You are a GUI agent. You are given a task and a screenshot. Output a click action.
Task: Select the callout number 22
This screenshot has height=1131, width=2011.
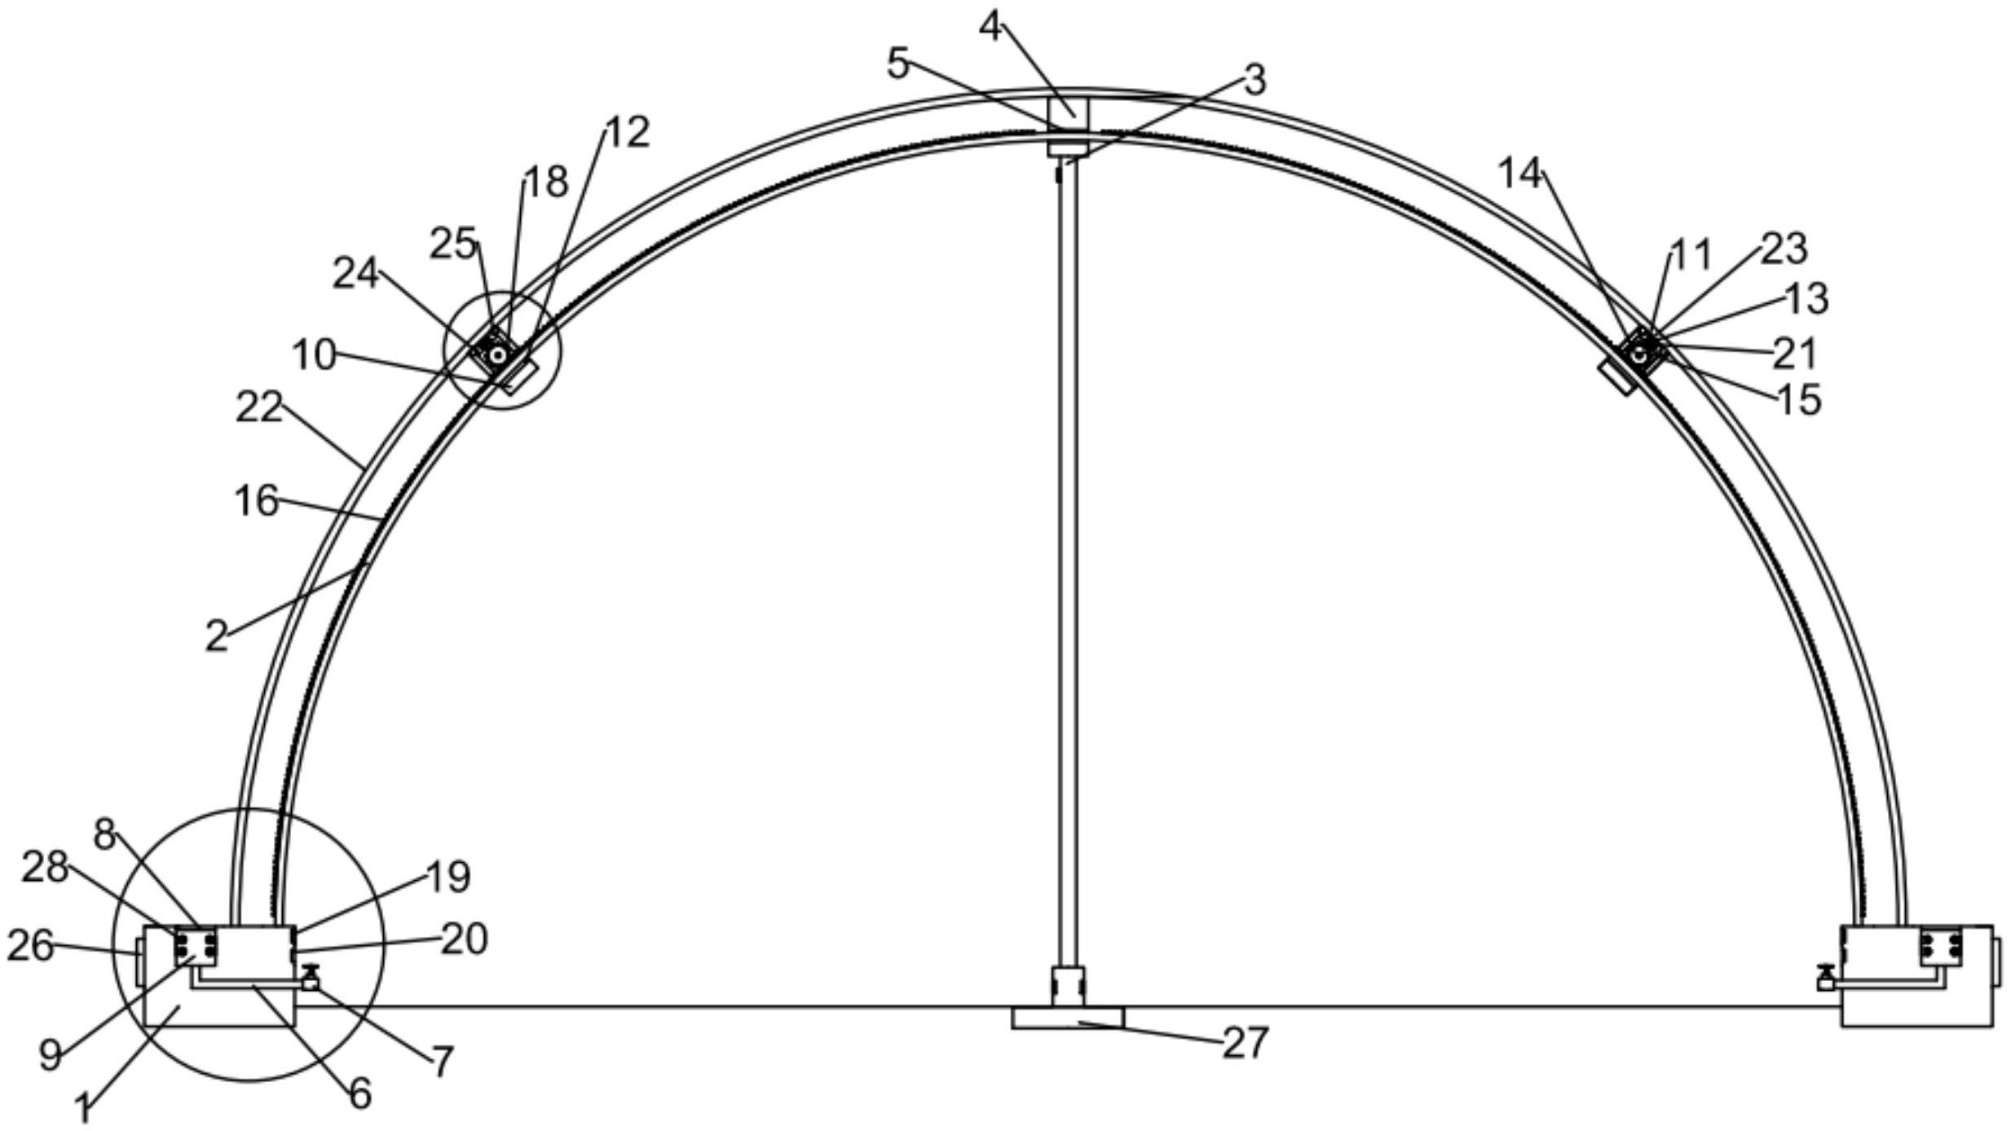[x=259, y=407]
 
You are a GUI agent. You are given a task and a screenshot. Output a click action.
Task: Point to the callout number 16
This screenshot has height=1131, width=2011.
[x=257, y=500]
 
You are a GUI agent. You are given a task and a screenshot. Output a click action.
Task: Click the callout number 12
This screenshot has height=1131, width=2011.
[x=628, y=131]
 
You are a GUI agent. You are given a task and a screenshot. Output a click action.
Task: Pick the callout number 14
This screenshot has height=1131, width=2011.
[x=1520, y=174]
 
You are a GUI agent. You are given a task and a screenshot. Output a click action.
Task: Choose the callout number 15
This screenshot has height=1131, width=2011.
[x=1797, y=399]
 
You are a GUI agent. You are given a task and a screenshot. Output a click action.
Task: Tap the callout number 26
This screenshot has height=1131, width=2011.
[x=30, y=947]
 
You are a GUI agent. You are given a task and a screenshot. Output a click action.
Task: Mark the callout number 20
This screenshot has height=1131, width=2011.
[x=465, y=940]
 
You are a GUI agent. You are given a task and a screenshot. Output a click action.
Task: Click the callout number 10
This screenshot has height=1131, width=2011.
[x=314, y=355]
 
